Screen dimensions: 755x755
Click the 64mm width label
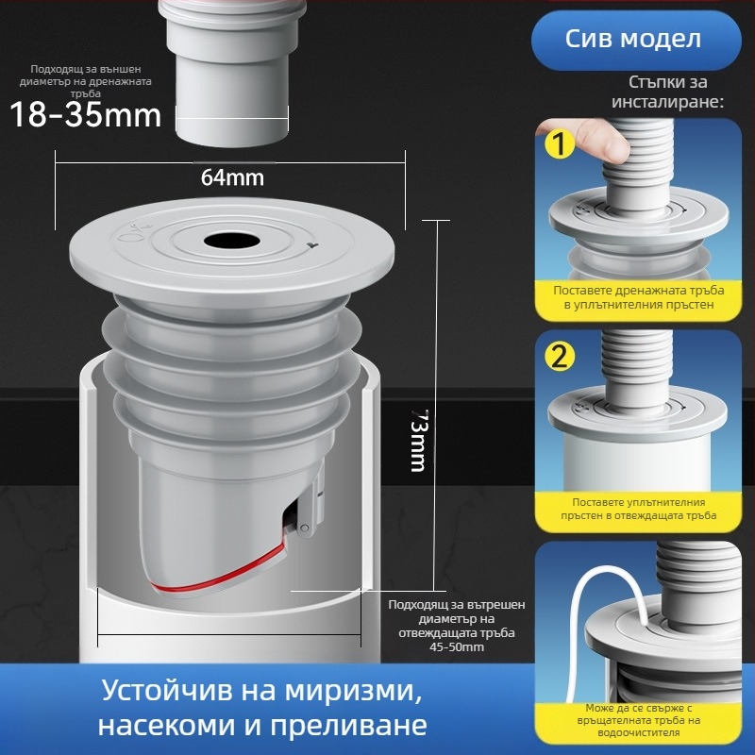(232, 176)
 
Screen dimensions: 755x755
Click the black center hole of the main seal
(229, 242)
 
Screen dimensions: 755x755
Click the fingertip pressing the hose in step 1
(605, 143)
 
